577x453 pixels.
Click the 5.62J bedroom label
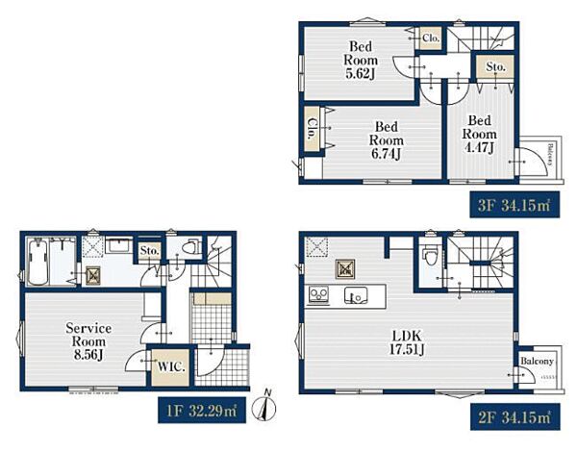pos(361,61)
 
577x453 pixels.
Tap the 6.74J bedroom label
pos(387,140)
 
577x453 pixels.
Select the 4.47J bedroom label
pos(480,134)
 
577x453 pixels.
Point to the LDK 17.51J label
pos(407,342)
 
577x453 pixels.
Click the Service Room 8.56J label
pos(88,341)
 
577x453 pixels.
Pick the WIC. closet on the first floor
pos(171,367)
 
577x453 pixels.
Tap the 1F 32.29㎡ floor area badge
pos(202,410)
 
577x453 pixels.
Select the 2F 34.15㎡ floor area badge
pos(514,417)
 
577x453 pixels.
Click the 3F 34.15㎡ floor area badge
pos(514,205)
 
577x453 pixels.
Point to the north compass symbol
pos(264,406)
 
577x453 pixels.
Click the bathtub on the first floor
pos(38,262)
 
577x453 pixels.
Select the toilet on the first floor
pos(190,246)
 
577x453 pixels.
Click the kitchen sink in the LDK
pos(356,295)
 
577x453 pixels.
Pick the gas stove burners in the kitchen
pos(318,294)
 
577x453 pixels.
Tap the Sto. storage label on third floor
pos(495,67)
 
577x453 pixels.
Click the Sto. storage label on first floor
pos(149,251)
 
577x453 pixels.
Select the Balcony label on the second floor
pos(537,361)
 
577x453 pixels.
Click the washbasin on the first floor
pos(118,245)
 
